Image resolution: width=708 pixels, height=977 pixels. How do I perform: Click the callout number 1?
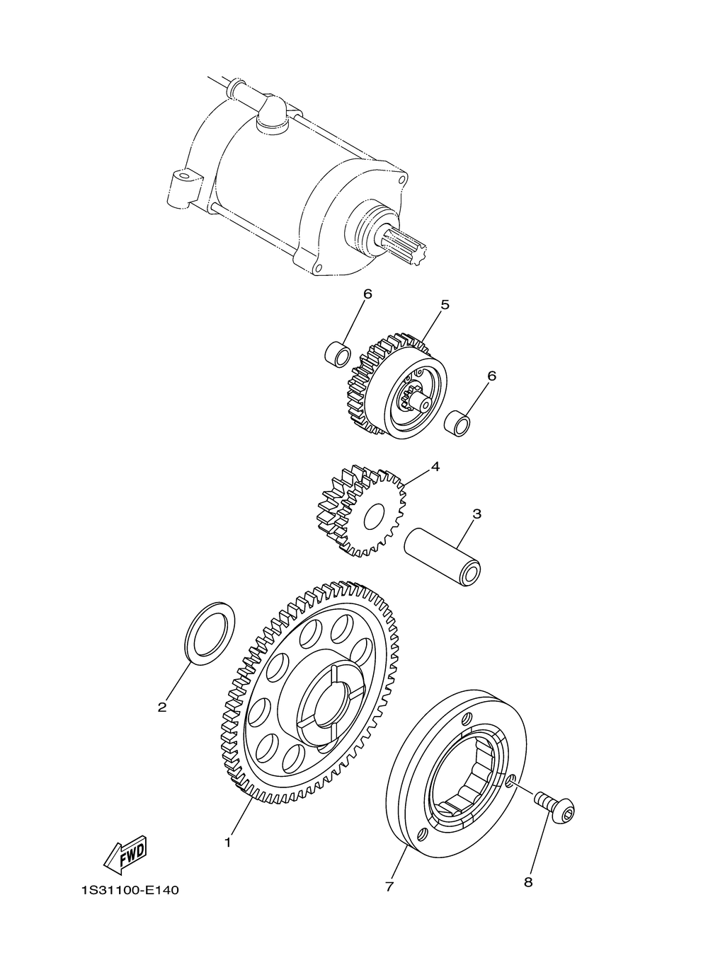coord(228,843)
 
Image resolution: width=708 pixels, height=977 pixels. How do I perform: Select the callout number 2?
coord(162,707)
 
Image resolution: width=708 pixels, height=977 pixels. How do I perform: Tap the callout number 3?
coord(476,514)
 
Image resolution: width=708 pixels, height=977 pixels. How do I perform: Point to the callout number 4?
coord(435,467)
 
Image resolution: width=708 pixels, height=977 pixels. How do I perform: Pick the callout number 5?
coord(445,305)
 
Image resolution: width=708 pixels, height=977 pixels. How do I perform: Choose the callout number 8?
coord(528,882)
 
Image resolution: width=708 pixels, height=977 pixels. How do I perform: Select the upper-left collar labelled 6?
coord(338,354)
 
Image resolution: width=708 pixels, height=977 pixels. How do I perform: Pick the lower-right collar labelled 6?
coord(458,422)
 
